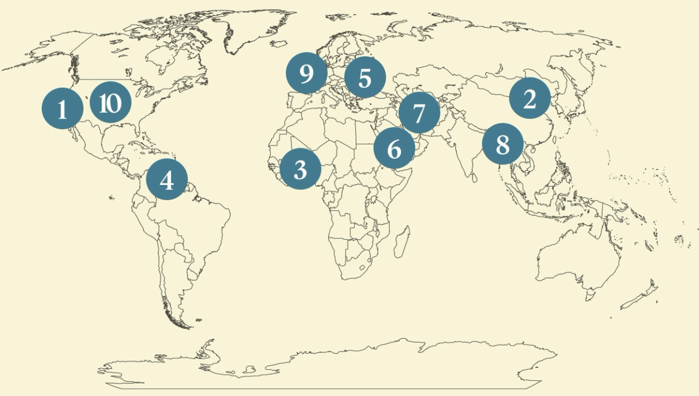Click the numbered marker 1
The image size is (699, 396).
point(62,109)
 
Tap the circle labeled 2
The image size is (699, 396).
point(530,98)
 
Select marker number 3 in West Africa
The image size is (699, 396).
point(301,169)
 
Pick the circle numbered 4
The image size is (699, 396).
point(167,180)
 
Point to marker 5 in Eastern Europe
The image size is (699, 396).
point(364,78)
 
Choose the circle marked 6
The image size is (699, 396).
point(394,148)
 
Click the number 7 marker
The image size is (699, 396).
point(419,113)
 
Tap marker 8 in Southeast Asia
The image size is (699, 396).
point(502,144)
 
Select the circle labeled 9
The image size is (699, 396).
point(307,73)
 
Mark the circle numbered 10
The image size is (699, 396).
point(110,103)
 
